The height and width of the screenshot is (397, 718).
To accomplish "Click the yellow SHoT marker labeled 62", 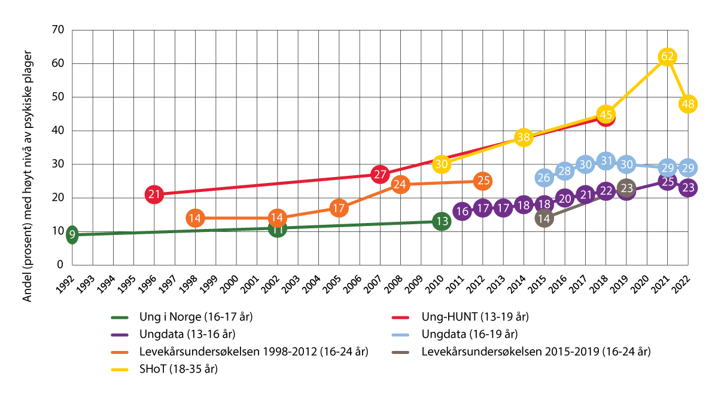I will click(x=667, y=57).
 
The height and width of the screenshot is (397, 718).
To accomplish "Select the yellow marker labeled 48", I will click(x=688, y=103).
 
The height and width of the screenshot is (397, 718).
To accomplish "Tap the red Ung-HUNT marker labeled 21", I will click(x=154, y=194).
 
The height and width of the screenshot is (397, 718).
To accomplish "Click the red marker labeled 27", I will click(x=380, y=175).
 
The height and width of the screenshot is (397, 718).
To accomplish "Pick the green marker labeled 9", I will click(x=72, y=234).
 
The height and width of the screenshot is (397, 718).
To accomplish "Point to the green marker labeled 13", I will click(x=442, y=221).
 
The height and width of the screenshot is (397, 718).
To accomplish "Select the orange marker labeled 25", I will click(x=483, y=181).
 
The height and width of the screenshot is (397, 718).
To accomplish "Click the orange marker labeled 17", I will click(x=339, y=208).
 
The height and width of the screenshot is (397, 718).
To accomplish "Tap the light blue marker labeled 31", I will click(x=606, y=161).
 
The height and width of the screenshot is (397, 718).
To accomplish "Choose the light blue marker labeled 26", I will click(x=544, y=177).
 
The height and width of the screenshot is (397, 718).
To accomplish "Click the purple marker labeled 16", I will click(x=462, y=211).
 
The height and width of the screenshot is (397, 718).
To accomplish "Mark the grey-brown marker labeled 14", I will click(x=544, y=218).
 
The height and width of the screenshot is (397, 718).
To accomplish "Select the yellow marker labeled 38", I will click(x=524, y=138).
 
